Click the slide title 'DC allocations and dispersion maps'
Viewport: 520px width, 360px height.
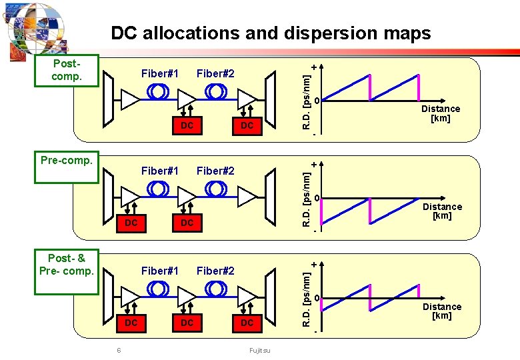click(271, 33)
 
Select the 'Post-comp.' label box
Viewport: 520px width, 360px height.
click(67, 70)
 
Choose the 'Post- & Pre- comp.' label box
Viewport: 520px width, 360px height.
click(67, 265)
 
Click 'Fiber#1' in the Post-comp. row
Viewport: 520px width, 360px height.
click(159, 73)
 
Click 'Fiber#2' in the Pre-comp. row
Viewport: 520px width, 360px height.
click(215, 171)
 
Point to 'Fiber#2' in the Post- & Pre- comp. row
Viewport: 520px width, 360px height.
click(215, 271)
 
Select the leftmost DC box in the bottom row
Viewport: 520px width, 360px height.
click(131, 323)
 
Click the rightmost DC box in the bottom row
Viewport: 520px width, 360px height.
click(247, 323)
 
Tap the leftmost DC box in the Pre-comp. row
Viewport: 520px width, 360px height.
click(131, 223)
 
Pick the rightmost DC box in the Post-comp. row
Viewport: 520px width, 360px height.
click(247, 125)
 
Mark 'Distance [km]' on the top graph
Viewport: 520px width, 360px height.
click(440, 113)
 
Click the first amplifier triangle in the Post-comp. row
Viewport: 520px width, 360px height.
click(130, 99)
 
